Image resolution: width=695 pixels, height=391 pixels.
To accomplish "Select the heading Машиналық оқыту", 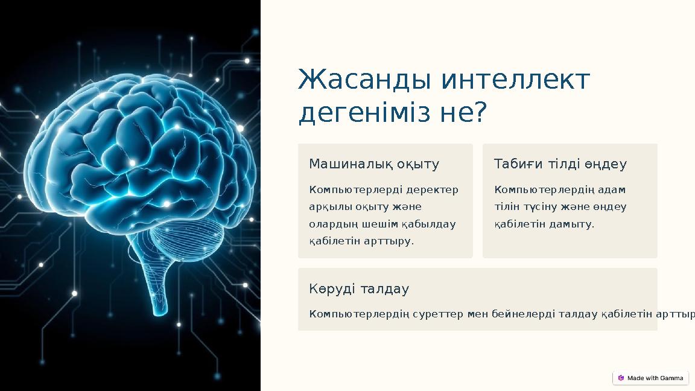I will pyautogui.click(x=374, y=164).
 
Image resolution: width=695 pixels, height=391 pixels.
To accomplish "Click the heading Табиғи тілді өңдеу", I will pyautogui.click(x=560, y=164).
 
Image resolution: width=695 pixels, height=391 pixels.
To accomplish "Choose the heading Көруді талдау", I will pyautogui.click(x=359, y=289).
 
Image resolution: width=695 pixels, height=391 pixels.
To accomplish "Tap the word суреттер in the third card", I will pyautogui.click(x=438, y=314).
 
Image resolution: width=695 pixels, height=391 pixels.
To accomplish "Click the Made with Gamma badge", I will pyautogui.click(x=650, y=378).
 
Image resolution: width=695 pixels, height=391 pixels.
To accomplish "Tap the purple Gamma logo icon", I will pyautogui.click(x=621, y=378).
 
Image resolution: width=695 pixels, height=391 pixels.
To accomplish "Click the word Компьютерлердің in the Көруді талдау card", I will pyautogui.click(x=360, y=314).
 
